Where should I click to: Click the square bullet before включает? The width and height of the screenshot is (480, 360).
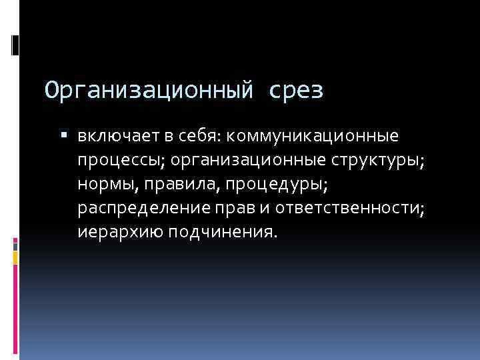coord(64,137)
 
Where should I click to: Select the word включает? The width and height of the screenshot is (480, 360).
coord(116,137)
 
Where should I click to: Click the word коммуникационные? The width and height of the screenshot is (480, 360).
coord(313,137)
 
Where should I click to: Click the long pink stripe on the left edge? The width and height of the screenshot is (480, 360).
coord(15,307)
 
